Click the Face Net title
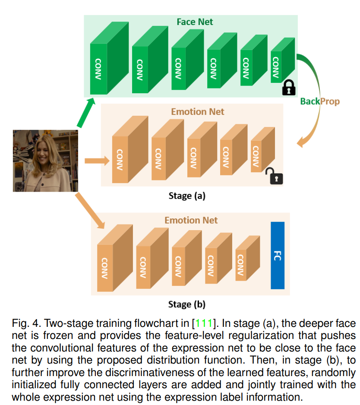click(195, 22)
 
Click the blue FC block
click(278, 255)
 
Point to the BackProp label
click(319, 101)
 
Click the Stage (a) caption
click(187, 196)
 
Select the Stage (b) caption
click(186, 304)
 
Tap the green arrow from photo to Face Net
click(86, 112)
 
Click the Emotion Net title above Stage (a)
click(198, 112)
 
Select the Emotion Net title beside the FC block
click(191, 220)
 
